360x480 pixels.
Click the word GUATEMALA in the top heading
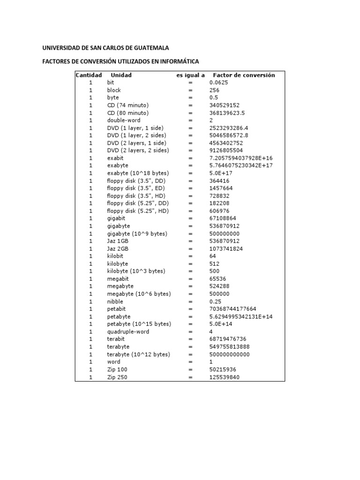point(149,48)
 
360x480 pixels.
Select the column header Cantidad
point(89,75)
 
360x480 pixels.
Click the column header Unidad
point(121,75)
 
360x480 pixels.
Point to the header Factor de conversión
point(244,75)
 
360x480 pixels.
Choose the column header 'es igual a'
point(190,75)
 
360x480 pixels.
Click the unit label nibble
point(115,301)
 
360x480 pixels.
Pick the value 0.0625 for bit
point(218,82)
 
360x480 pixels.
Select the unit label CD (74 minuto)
point(127,105)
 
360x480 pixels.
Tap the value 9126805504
point(226,150)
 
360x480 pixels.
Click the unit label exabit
point(115,158)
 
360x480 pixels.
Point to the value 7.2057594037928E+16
point(241,158)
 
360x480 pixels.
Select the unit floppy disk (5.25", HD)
point(138,211)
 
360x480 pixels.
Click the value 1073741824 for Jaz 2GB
point(226,248)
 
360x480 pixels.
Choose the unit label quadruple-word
point(128,331)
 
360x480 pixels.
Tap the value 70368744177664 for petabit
point(232,309)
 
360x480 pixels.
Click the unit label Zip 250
point(117,377)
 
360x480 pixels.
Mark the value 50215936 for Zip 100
point(223,369)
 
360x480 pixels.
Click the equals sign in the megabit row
point(191,278)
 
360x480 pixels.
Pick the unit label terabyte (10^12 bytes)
point(138,354)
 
